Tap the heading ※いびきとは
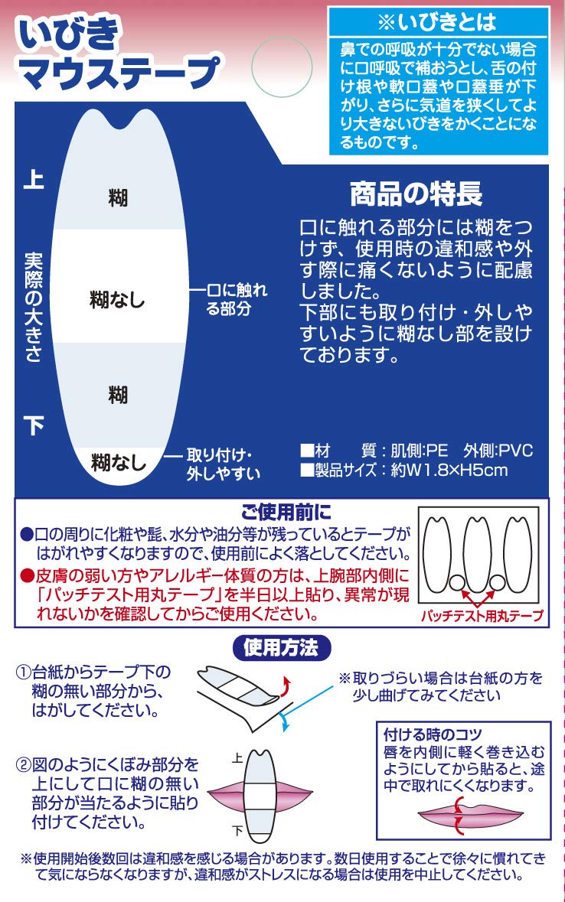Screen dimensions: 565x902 pos(437,22)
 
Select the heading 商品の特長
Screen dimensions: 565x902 pos(416,194)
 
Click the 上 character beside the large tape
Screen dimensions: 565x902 pos(34,178)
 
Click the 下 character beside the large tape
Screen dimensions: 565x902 pos(34,425)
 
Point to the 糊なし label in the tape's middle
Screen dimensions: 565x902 pos(117,299)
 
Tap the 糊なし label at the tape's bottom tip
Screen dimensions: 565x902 pos(119,462)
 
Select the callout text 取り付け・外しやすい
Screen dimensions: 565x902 pos(223,464)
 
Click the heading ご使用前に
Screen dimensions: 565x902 pos(286,512)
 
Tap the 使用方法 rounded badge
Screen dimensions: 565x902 pos(281,648)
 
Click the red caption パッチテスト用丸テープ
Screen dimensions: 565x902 pos(482,616)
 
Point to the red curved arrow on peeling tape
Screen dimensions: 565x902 pos(285,685)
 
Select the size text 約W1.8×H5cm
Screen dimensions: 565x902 pos(449,471)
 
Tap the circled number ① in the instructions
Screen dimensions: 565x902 pos(23,672)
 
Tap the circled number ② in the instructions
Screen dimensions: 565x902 pos(23,765)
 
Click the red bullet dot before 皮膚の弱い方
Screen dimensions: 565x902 pos(27,575)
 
